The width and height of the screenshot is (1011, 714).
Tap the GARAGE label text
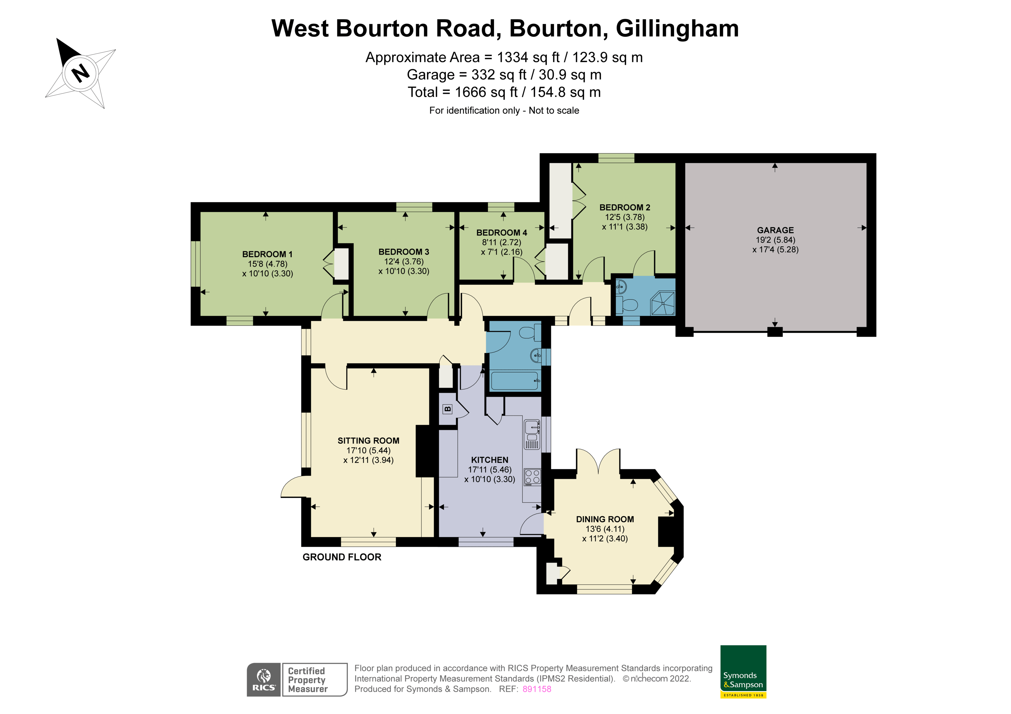pos(775,230)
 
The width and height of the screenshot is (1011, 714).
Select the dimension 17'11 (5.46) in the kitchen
pos(489,469)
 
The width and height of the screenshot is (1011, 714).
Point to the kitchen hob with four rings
pos(532,477)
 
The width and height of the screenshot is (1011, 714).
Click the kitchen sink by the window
pos(532,427)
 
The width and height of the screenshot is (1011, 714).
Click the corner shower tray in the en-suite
pos(663,304)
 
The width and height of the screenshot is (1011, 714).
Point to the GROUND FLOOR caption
pos(342,557)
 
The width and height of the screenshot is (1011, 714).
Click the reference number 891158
pos(536,689)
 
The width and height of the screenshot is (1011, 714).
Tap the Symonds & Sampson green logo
pos(743,671)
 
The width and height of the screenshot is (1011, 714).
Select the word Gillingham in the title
pos(677,29)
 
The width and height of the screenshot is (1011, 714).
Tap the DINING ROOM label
pos(605,519)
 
